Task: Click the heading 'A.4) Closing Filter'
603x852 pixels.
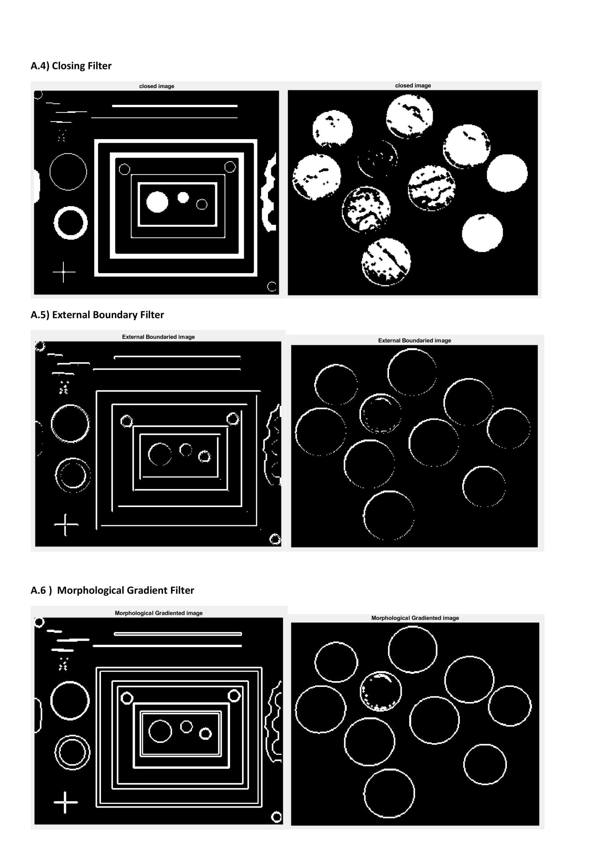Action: coord(71,66)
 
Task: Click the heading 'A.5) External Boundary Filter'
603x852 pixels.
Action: coord(97,315)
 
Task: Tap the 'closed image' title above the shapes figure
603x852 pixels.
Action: coord(157,86)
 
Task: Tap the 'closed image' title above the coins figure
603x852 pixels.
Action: coord(413,85)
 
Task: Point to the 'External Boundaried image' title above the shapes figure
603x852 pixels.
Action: coord(159,337)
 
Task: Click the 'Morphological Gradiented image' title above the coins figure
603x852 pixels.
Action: coord(415,618)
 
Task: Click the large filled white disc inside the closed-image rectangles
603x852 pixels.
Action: coord(157,202)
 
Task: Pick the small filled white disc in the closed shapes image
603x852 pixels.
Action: coord(183,197)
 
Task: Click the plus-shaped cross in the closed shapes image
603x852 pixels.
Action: coord(63,272)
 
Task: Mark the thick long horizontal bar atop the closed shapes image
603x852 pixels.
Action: coord(175,106)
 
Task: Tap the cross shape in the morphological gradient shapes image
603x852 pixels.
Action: coord(65,802)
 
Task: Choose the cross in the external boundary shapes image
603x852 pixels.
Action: coord(65,525)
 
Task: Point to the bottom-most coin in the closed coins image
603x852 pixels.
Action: coord(386,262)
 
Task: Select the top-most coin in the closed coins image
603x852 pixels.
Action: coord(409,116)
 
